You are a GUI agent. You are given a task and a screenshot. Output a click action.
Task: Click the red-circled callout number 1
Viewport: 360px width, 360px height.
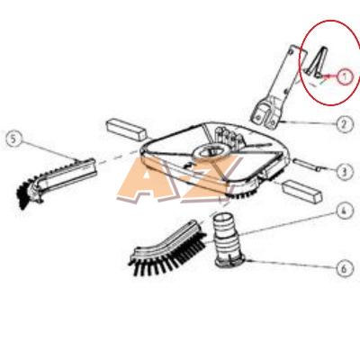click(345, 76)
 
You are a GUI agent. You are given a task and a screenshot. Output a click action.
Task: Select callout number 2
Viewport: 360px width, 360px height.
click(344, 123)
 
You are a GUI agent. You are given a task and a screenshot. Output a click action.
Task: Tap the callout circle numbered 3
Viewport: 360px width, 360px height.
click(344, 172)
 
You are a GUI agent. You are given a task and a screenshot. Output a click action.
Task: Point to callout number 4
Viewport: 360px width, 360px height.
click(345, 211)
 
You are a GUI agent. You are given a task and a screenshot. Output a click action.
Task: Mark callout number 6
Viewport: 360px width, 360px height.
click(344, 269)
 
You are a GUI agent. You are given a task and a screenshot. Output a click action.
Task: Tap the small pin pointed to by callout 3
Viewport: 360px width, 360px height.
click(308, 166)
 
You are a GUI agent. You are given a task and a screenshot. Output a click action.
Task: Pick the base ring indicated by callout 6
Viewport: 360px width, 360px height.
click(230, 260)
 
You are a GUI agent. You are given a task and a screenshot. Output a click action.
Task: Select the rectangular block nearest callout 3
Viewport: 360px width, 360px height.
click(301, 191)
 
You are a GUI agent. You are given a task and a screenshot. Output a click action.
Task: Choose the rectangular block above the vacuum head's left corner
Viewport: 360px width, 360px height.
click(126, 130)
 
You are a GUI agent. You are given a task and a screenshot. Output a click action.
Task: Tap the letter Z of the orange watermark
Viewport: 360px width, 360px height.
click(207, 179)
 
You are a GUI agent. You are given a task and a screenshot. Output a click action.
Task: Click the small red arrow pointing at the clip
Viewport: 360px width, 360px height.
click(329, 76)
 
